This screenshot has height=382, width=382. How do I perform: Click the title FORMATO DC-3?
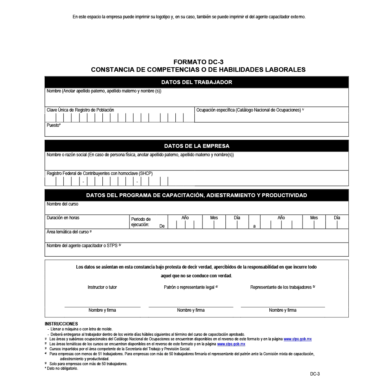(198, 62)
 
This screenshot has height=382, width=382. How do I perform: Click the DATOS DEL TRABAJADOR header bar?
(196, 82)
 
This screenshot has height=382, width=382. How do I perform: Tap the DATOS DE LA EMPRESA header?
(196, 146)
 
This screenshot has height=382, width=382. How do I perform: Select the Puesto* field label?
(53, 125)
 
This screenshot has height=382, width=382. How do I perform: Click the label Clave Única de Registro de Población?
(80, 110)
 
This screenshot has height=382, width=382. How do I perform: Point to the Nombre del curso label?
(62, 204)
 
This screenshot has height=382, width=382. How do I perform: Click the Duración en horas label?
(63, 218)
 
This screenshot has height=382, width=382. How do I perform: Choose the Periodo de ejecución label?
(141, 222)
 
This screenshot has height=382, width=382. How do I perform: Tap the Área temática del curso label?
(69, 232)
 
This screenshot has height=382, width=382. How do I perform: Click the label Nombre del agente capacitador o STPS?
(83, 246)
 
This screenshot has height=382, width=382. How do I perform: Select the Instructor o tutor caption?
(102, 287)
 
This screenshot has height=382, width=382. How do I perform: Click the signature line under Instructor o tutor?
(102, 307)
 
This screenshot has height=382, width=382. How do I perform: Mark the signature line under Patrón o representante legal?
(191, 307)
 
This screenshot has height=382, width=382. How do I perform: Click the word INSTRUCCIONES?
(61, 324)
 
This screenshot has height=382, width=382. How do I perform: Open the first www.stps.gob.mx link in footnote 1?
(298, 339)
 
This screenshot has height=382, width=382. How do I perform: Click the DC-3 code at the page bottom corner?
(315, 374)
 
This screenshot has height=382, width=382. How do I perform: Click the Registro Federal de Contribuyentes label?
(99, 173)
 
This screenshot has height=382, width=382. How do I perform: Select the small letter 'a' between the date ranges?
(254, 226)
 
